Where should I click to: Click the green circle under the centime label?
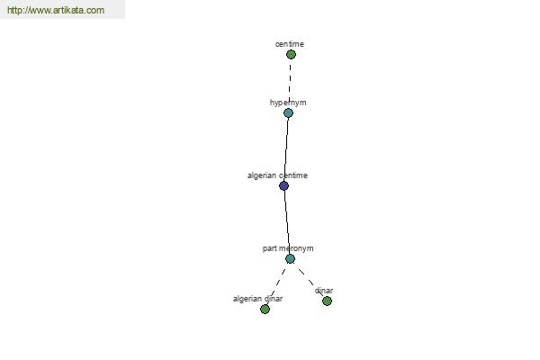click(291, 54)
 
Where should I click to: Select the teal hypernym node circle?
click(288, 113)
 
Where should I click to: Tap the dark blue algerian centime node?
click(283, 186)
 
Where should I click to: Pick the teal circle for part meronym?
click(290, 259)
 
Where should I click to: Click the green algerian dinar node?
click(265, 310)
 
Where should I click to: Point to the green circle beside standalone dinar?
click(328, 301)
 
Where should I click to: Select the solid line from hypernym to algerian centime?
click(286, 149)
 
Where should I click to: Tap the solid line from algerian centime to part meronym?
click(287, 222)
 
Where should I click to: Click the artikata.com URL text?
click(56, 10)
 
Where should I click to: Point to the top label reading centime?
click(290, 44)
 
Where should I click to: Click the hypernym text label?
click(288, 103)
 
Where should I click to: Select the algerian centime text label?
click(277, 175)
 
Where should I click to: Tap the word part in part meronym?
click(269, 248)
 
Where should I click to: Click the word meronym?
click(295, 248)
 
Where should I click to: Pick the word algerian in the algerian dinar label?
click(246, 299)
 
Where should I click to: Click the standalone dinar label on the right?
click(324, 291)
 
